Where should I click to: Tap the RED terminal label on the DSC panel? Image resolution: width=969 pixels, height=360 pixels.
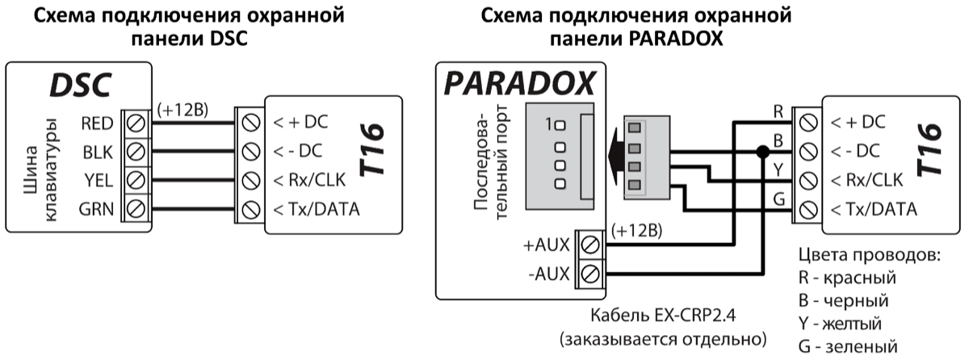click(x=97, y=124)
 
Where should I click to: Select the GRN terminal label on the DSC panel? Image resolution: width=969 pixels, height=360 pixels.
click(x=96, y=210)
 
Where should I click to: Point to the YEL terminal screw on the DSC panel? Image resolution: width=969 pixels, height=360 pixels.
click(x=136, y=181)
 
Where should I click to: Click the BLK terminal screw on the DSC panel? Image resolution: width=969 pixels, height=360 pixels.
click(x=136, y=153)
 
